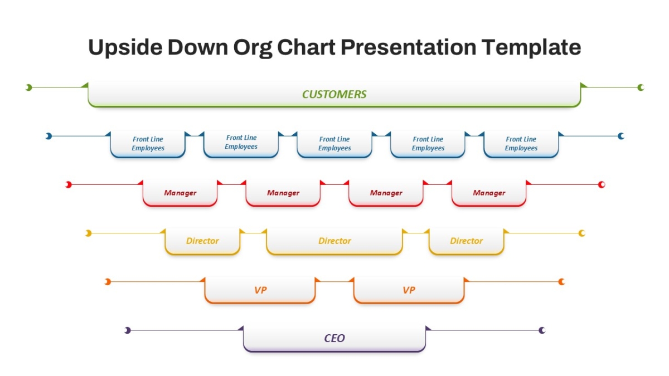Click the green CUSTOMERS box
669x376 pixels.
click(x=334, y=94)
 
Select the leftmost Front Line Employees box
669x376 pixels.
click(x=148, y=144)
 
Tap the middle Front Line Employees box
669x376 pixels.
click(x=334, y=144)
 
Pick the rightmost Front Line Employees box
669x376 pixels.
click(x=521, y=144)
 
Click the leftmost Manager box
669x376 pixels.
click(x=180, y=193)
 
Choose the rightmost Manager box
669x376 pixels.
click(x=489, y=193)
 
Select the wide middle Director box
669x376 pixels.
click(x=334, y=241)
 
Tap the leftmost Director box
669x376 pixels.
click(x=202, y=241)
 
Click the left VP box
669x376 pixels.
click(x=260, y=290)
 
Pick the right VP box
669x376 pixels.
click(x=409, y=290)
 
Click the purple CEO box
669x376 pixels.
click(x=334, y=339)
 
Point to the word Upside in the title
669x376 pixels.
click(x=125, y=48)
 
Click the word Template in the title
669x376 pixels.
click(x=531, y=48)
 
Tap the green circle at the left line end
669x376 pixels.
click(x=28, y=87)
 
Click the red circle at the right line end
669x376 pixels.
click(x=602, y=185)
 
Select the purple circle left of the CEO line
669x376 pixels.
click(x=128, y=330)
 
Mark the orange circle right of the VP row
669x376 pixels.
click(x=561, y=282)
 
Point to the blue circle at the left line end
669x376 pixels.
click(x=49, y=136)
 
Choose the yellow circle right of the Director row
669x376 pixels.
click(x=582, y=233)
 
